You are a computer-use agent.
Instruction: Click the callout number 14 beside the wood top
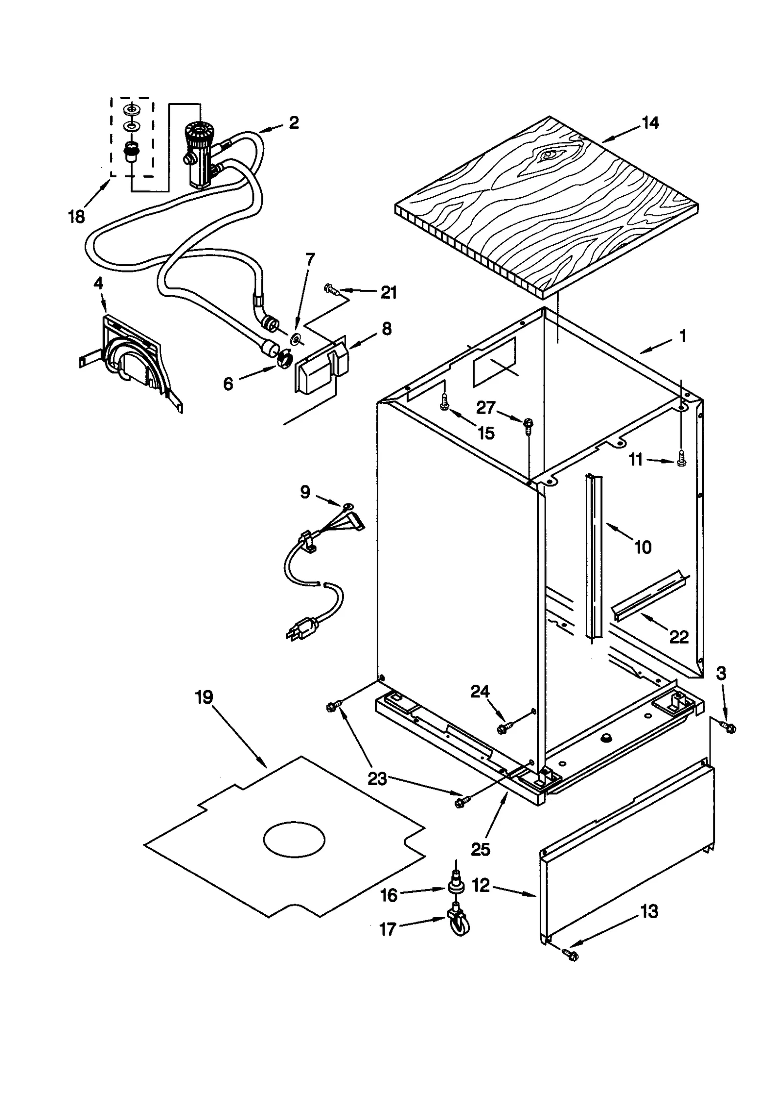pyautogui.click(x=649, y=123)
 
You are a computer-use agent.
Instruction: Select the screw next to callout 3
pyautogui.click(x=729, y=728)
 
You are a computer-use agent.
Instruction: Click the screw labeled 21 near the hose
pyautogui.click(x=332, y=290)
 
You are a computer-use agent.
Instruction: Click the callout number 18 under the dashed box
pyautogui.click(x=76, y=216)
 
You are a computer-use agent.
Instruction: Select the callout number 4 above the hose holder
pyautogui.click(x=98, y=283)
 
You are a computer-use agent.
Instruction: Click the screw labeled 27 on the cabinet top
pyautogui.click(x=528, y=424)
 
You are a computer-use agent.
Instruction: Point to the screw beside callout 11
pyautogui.click(x=681, y=461)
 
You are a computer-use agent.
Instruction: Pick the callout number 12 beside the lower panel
pyautogui.click(x=481, y=885)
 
